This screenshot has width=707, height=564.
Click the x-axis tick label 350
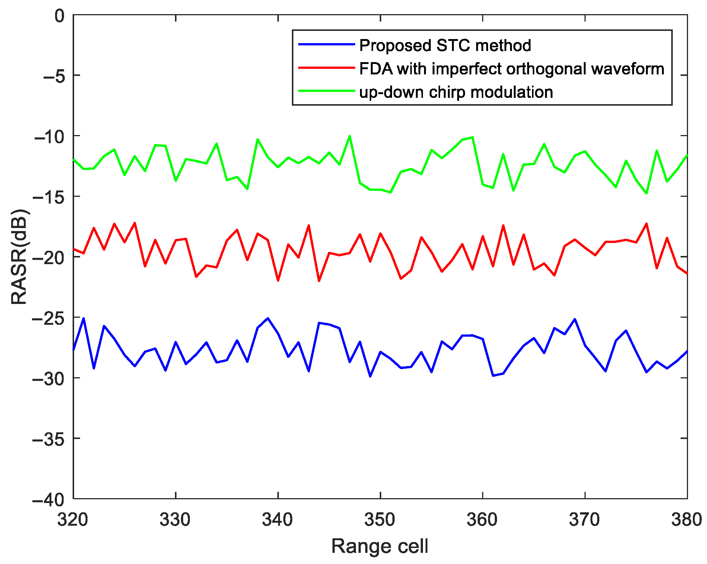click(380, 519)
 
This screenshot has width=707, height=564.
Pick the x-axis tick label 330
click(175, 519)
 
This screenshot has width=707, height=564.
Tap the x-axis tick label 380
click(686, 519)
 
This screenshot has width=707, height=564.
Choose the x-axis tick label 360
click(482, 519)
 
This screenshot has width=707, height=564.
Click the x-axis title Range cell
click(380, 546)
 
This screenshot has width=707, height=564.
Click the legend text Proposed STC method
click(445, 45)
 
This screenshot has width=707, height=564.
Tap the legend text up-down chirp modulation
click(456, 92)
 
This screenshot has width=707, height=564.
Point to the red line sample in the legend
click(326, 68)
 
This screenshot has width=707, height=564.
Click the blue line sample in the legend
click(326, 45)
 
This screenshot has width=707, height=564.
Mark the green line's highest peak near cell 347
click(350, 136)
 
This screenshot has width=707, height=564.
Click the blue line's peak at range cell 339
click(268, 318)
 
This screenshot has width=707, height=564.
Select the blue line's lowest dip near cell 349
click(370, 376)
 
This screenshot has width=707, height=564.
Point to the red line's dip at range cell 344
click(319, 281)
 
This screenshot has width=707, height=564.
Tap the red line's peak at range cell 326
click(135, 223)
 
